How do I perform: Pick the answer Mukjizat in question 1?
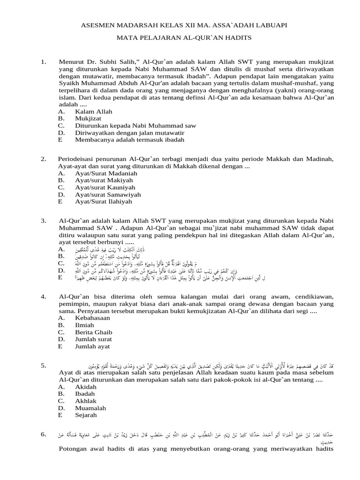(x=88, y=119)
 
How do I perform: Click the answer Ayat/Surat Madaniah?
(x=106, y=173)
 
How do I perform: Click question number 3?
(x=44, y=220)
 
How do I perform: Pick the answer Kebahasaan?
(x=92, y=318)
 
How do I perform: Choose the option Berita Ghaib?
(x=93, y=332)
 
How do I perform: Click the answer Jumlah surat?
(x=93, y=339)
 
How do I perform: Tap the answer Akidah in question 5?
(x=85, y=387)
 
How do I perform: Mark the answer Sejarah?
(x=86, y=415)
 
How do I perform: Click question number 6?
(x=44, y=435)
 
